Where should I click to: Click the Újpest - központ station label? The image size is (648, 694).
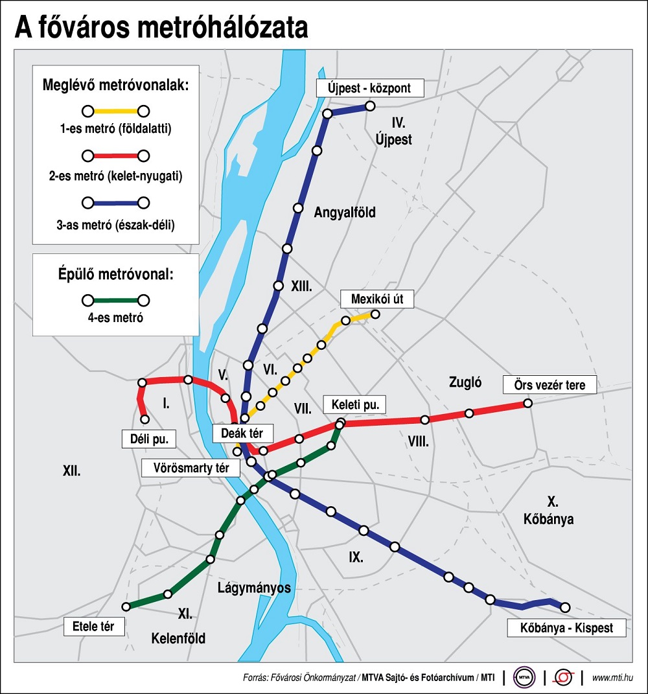coord(369,88)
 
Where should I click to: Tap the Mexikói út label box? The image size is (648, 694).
coord(376,299)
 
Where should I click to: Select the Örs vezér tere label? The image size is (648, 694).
coord(549,385)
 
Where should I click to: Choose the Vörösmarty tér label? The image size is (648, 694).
coord(192,467)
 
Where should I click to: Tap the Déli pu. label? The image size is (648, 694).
coord(149,439)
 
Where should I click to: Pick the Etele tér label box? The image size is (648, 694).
coord(93,627)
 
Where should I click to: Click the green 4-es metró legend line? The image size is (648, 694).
coord(115,300)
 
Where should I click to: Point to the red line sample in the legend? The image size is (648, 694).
coord(115,156)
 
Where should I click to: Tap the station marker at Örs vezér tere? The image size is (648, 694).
coord(527,403)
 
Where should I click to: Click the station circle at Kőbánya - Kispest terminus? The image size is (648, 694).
coord(565,607)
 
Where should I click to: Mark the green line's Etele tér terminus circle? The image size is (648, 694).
coord(127,607)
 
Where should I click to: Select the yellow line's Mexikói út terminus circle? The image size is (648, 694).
coord(375,315)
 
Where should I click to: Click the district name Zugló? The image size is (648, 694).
coord(465,382)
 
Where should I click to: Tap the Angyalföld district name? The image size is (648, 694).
coord(345,212)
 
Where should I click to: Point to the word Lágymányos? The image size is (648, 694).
coord(254,588)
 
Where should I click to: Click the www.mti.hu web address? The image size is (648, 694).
coord(612,678)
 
